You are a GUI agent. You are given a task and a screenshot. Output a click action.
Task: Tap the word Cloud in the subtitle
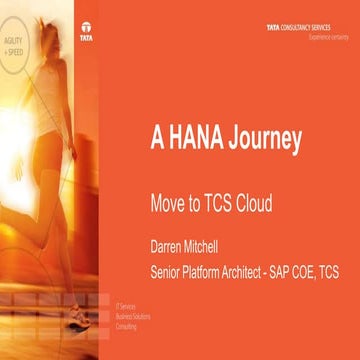(x=251, y=200)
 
